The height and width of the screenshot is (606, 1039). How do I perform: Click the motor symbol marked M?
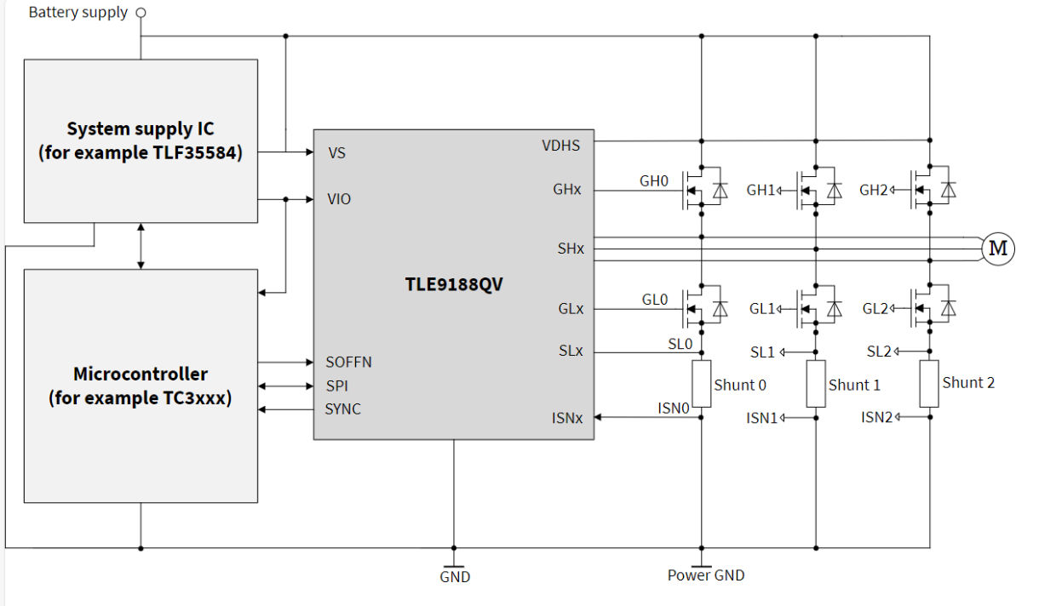click(x=998, y=249)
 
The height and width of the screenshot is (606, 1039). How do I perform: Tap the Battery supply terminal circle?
click(x=141, y=13)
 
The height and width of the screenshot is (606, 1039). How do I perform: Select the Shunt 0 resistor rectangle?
click(x=701, y=384)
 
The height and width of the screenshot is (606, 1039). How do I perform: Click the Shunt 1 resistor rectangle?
click(x=816, y=384)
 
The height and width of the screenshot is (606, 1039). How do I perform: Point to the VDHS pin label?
click(x=560, y=146)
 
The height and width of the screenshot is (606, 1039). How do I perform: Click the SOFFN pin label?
click(x=348, y=362)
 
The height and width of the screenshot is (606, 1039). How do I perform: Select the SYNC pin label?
click(x=342, y=409)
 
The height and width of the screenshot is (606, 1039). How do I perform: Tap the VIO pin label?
click(x=339, y=199)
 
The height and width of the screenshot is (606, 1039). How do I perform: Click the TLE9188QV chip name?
click(x=453, y=284)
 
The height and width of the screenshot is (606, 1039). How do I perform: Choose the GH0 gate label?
click(x=654, y=181)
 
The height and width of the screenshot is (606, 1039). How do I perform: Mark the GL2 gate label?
click(x=875, y=309)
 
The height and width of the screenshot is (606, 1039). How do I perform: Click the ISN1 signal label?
click(x=762, y=418)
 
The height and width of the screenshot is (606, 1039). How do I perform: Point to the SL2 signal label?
click(x=879, y=352)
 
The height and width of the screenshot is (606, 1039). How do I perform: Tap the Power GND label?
click(x=705, y=575)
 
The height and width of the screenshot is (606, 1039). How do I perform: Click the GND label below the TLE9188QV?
click(x=455, y=577)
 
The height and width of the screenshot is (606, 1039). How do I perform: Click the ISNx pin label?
click(x=566, y=418)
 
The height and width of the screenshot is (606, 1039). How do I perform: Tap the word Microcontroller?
click(x=141, y=374)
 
